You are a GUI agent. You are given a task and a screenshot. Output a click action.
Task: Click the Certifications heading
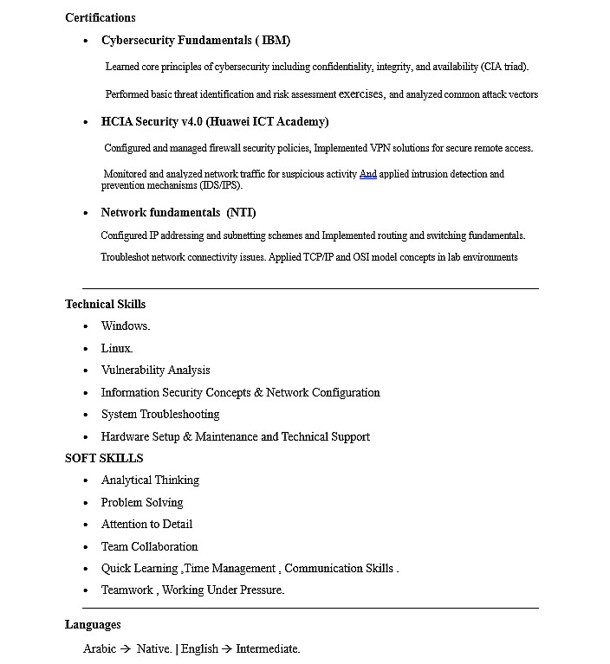[x=100, y=17]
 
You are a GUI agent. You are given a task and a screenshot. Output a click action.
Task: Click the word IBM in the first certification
[x=276, y=41]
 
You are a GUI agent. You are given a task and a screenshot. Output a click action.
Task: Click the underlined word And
[x=367, y=174]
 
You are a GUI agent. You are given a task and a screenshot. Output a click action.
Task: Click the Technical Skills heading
[x=105, y=305]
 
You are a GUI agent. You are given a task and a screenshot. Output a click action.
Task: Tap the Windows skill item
[x=125, y=326]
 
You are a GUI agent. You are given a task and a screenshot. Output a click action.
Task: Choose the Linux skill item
[x=116, y=349]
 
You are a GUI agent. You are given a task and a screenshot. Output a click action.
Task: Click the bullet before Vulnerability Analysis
[x=86, y=371]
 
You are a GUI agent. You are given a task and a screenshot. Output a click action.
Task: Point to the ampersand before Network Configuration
[x=257, y=393]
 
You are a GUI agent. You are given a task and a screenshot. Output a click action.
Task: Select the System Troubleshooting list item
[x=159, y=415]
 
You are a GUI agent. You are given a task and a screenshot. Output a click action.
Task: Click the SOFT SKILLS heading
[x=104, y=459]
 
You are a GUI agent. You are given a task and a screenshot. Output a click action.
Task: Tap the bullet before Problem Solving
[x=86, y=503]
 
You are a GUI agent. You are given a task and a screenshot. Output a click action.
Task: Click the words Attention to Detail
[x=146, y=525]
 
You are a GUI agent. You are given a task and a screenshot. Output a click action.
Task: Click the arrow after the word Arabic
[x=126, y=648]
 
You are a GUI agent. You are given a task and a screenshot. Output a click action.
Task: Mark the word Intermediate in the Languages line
[x=267, y=648]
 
